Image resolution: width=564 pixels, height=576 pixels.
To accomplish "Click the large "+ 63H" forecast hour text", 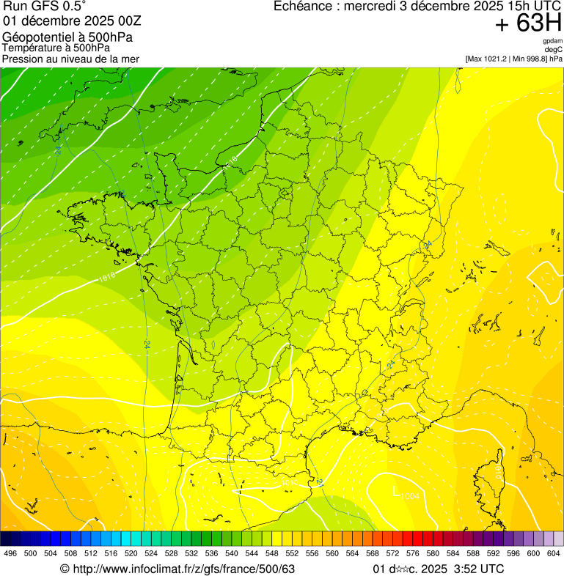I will pos(529,23).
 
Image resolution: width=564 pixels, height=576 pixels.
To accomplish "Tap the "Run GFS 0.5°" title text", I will pos(45,7).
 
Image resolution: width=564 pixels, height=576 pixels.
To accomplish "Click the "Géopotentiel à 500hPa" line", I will pos(67,37).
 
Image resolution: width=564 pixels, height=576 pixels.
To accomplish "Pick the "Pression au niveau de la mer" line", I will pos(70,59).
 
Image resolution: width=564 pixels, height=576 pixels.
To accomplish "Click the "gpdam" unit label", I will pos(553,41).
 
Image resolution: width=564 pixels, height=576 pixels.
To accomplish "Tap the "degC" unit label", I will pos(554,49).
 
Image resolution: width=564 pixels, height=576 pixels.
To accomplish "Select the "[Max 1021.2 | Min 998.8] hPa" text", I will pos(513,58).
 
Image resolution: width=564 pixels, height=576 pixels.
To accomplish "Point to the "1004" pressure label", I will pos(411,497).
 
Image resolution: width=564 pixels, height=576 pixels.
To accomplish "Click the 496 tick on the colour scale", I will pos(10,553).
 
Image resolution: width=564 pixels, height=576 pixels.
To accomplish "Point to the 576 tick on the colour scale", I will pos(412,553).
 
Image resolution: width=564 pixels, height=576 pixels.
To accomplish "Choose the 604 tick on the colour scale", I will pos(554,553).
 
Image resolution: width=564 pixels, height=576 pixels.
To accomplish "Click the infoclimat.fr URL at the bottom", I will pos(183,569).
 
